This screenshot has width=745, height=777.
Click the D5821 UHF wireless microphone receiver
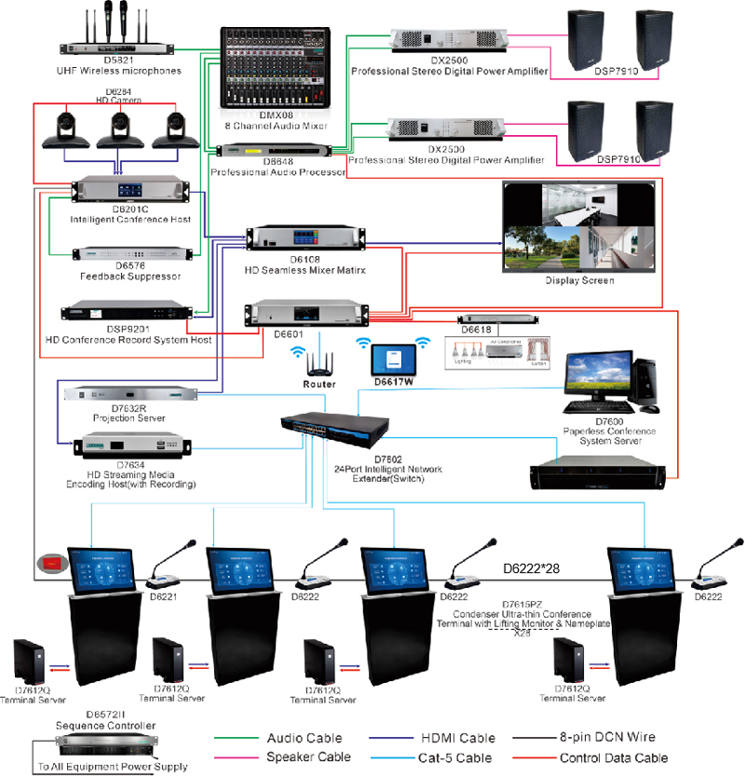115,45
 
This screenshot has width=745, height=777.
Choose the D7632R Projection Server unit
130,395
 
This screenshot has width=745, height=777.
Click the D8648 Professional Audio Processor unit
275,150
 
